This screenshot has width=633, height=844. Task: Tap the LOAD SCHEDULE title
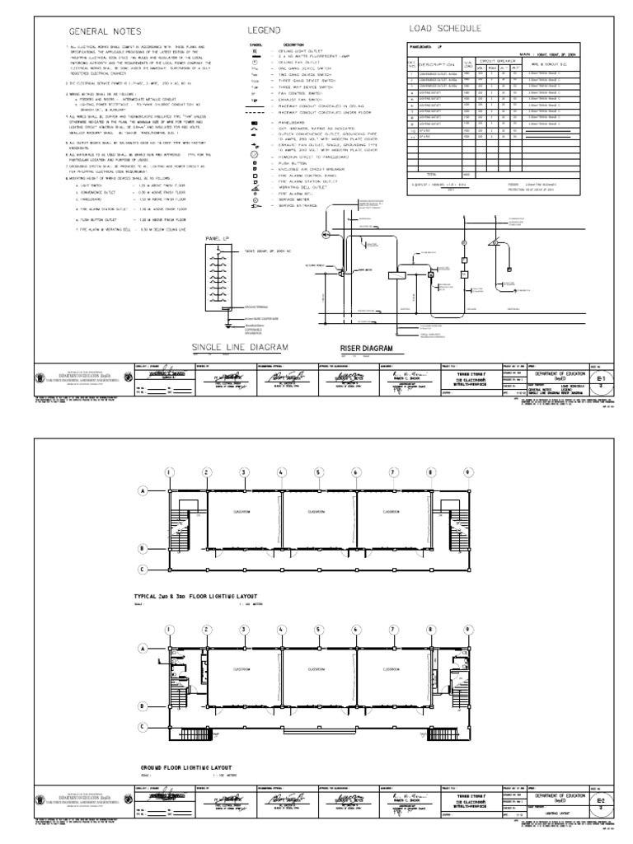pyautogui.click(x=445, y=28)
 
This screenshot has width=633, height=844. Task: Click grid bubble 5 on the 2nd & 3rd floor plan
pyautogui.click(x=317, y=472)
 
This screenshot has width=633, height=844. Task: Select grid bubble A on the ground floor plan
pyautogui.click(x=143, y=649)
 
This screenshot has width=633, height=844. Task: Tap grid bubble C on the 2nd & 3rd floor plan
pyautogui.click(x=143, y=570)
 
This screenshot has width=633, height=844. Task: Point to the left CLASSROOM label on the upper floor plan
pyautogui.click(x=242, y=512)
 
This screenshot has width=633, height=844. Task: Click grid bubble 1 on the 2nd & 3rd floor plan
pyautogui.click(x=170, y=472)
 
